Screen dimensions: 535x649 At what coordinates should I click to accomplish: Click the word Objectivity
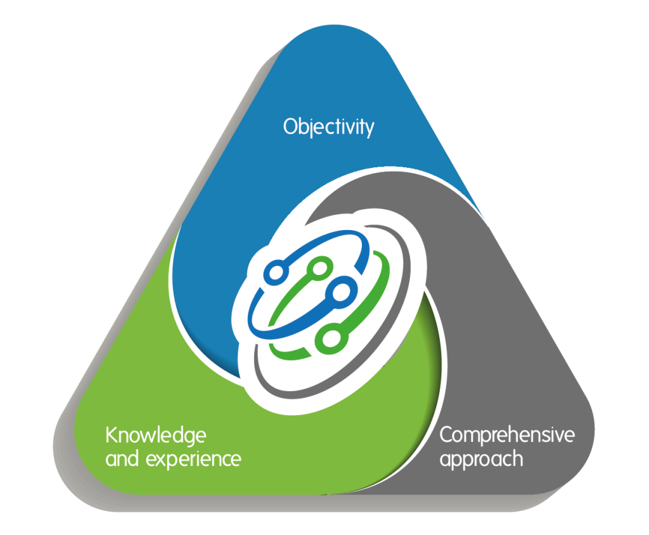tap(328, 127)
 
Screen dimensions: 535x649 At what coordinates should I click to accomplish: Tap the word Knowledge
tap(155, 437)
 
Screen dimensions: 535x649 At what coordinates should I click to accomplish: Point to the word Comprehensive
tap(507, 436)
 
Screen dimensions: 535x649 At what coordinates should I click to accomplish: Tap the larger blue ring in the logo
tap(343, 292)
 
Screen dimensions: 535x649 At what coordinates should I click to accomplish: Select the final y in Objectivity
tap(368, 130)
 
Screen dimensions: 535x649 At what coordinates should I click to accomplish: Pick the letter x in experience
tap(161, 459)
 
